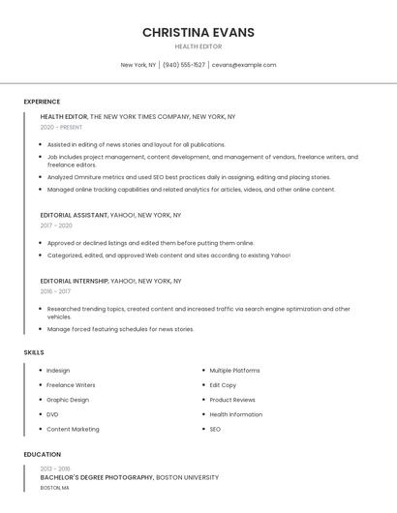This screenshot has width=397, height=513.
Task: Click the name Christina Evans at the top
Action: pos(198,32)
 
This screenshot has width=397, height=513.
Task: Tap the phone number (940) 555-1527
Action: pos(184,65)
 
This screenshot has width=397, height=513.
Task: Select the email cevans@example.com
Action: pos(244,65)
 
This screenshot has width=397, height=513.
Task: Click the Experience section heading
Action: pos(42,102)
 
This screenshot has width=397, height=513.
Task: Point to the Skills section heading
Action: pos(34,352)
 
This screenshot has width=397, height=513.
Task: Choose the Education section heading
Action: pos(43,454)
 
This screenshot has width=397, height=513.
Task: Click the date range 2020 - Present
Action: pos(61,127)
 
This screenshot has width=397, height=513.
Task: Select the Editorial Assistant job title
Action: pos(73,215)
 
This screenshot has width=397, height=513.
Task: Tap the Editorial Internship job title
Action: pos(75,281)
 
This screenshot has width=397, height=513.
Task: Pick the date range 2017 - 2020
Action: pos(56,226)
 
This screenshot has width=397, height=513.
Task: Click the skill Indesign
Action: pos(58,371)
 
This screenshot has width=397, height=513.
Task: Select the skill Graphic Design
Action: pos(68,400)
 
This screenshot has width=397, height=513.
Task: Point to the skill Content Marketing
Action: pos(73,429)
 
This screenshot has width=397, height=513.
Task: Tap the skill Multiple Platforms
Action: pos(234,371)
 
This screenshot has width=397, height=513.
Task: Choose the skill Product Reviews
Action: pos(232,400)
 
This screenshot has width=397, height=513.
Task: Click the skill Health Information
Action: pos(235,414)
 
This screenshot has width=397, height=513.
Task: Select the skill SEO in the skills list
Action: pos(215,429)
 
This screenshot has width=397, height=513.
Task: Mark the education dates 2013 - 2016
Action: pos(55,468)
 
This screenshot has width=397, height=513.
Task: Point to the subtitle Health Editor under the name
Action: pos(198,46)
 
